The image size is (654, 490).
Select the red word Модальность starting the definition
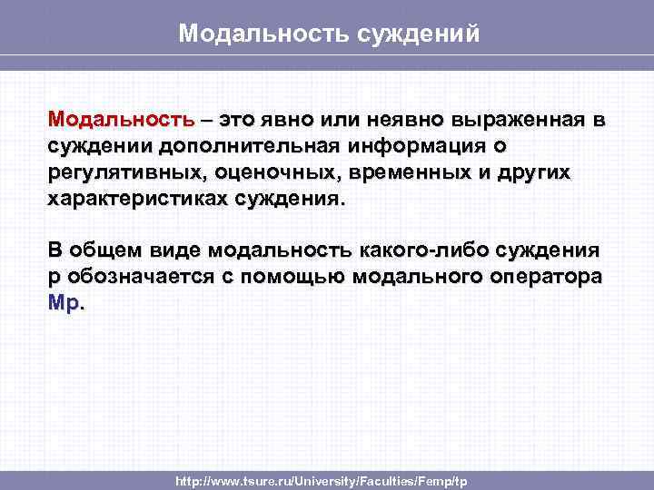click(122, 121)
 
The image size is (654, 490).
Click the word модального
click(431, 277)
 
